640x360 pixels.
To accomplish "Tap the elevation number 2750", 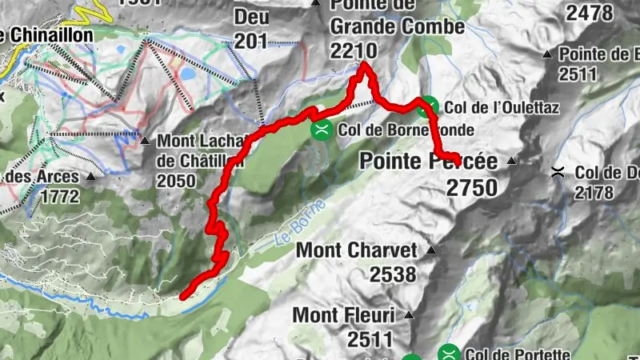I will [472, 188].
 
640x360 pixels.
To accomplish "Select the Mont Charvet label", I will [357, 250].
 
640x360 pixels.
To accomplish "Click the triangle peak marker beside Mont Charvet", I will [431, 250].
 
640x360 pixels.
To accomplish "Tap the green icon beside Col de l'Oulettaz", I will [430, 105].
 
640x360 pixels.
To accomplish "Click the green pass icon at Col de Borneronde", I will [321, 129].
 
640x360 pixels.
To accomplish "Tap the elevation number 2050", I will [176, 181].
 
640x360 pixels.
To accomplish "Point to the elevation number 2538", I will [392, 274].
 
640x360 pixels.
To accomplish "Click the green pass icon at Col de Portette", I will [450, 353].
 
